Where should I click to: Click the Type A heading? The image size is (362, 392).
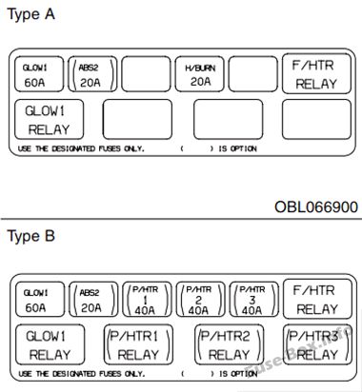(30, 14)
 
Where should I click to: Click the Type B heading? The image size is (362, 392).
(30, 236)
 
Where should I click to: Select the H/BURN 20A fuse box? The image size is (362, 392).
(200, 74)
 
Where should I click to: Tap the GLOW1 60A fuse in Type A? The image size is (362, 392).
(39, 74)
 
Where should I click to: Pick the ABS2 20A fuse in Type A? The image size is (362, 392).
(92, 74)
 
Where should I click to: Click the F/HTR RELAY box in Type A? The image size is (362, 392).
(316, 73)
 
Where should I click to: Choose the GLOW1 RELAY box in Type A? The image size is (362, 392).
(49, 119)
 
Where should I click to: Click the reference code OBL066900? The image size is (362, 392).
(316, 206)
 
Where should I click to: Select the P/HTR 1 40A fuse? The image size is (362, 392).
(147, 300)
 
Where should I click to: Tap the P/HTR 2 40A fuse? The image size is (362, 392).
(200, 300)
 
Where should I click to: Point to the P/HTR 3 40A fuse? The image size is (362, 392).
(254, 300)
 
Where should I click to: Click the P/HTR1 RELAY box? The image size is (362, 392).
(138, 344)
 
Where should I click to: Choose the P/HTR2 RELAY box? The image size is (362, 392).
(229, 344)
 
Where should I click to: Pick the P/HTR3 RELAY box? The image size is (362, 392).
(317, 344)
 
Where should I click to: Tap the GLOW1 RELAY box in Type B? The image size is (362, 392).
(50, 344)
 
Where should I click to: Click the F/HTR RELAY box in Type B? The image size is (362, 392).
(317, 299)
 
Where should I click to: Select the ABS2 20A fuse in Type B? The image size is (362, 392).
(93, 300)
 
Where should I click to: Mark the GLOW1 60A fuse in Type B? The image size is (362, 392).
(40, 300)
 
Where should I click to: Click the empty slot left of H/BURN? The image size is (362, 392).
(146, 74)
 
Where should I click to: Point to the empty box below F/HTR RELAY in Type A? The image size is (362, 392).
(316, 119)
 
